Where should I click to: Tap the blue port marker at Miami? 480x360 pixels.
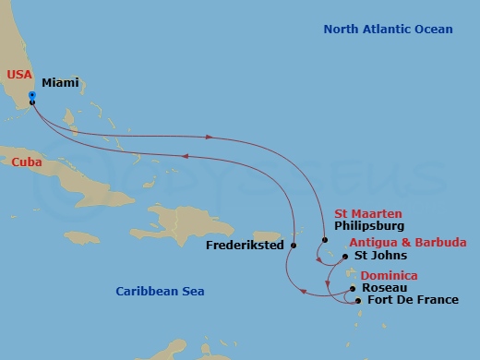click(x=32, y=96)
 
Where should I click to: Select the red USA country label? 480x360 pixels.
click(x=20, y=75)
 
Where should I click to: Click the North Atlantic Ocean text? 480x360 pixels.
click(x=388, y=30)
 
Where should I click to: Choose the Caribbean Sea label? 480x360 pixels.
click(x=160, y=292)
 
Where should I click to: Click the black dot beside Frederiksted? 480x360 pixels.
click(x=293, y=246)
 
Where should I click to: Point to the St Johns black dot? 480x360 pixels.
click(x=345, y=257)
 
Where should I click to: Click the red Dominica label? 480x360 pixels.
click(x=389, y=275)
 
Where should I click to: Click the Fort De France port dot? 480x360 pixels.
click(x=358, y=300)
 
